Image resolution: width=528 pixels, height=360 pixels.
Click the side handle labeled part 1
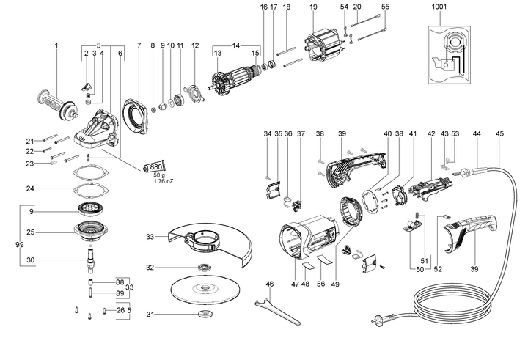coord(54,100)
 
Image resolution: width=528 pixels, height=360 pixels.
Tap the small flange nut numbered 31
coord(205,315)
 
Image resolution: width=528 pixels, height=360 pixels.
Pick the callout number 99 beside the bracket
coord(9,243)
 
